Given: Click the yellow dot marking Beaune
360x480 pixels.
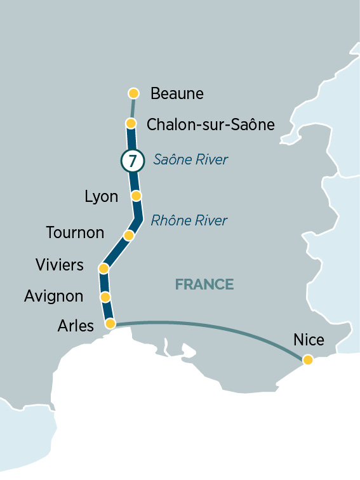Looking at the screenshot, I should point(133,93).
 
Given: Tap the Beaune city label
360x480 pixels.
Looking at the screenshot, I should point(177,94).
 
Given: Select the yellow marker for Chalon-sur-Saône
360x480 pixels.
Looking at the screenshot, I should point(131,123).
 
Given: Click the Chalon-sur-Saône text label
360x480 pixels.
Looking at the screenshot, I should point(210,124).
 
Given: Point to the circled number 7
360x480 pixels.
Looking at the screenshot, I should point(131,161).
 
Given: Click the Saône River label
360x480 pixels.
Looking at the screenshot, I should point(190,160).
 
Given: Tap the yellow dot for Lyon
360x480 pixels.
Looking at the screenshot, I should point(135,196).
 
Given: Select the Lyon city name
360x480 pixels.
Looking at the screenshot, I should point(102,197).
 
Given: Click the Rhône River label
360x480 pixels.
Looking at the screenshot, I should point(189,221).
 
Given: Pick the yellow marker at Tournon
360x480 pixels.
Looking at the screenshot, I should point(128,236).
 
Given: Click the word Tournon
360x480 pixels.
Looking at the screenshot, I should point(75,233).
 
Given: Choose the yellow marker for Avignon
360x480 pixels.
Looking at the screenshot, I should point(105,297).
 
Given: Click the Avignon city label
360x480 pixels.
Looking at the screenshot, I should point(53,297).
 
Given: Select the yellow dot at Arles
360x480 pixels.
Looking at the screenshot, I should point(110,324).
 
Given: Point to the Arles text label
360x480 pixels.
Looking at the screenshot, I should point(76,326).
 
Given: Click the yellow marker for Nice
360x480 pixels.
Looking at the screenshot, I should point(307,360).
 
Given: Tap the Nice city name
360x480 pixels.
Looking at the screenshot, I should point(309,340).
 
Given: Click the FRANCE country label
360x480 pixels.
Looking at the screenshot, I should point(204,284).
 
